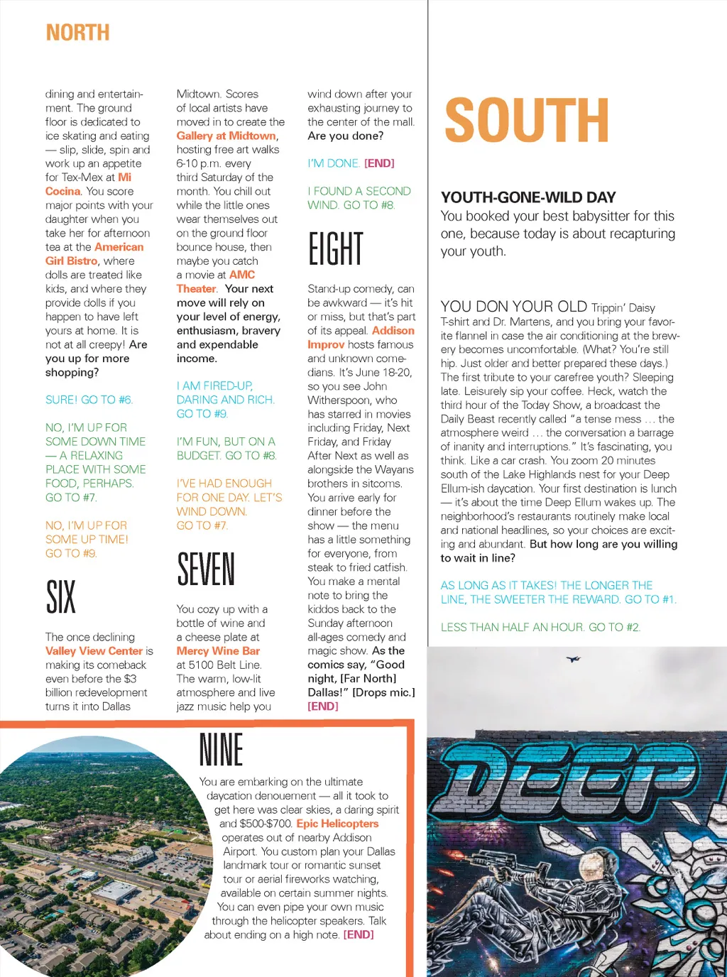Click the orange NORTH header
(x=78, y=33)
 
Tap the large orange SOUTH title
(x=527, y=121)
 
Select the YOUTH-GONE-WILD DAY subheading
(x=528, y=197)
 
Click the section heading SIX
(x=60, y=596)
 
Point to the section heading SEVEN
(x=206, y=569)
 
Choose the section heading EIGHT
(x=335, y=249)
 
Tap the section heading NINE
(x=222, y=750)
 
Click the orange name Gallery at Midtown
(x=226, y=136)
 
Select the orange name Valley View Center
(x=94, y=650)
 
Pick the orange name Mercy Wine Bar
(x=218, y=650)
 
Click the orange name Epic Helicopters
(x=337, y=824)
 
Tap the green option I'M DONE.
(x=334, y=163)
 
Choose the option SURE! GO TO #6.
(x=89, y=400)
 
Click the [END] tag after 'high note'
(x=359, y=934)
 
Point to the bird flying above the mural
(x=573, y=659)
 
